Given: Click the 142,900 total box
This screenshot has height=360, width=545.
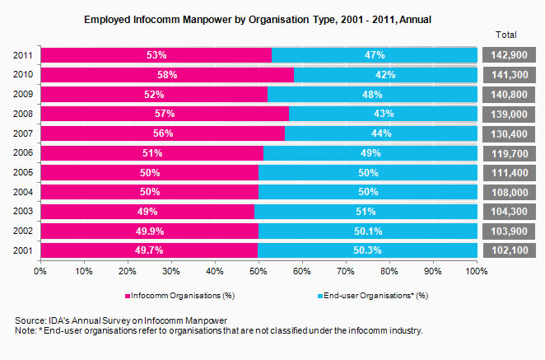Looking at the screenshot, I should pos(509,55).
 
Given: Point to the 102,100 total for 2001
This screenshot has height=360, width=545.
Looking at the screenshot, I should pos(509,250).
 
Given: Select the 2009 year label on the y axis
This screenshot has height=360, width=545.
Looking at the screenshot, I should pos(23,94).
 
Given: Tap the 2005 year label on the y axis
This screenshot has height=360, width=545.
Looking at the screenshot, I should pos(23,172).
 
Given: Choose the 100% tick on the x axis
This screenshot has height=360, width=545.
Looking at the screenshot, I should pos(477,270).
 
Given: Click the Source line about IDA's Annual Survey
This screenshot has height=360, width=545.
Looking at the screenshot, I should pos(122,320).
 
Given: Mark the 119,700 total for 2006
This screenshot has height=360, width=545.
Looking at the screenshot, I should pos(509,152).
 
